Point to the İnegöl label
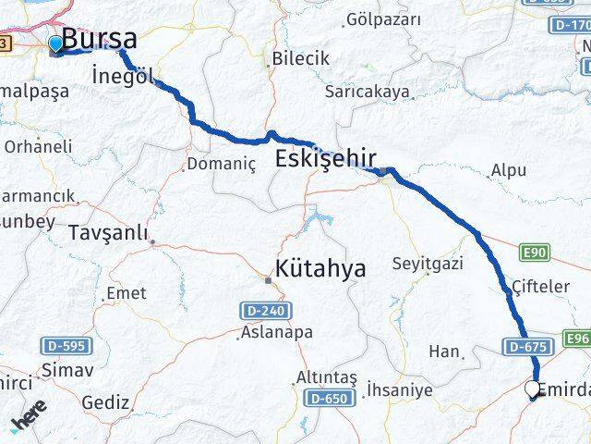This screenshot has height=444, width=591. tap(125, 77)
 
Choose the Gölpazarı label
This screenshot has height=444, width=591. tap(383, 19)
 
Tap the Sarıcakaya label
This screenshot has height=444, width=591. tap(368, 92)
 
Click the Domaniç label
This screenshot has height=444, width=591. tap(220, 164)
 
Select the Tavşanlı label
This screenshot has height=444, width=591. tap(108, 233)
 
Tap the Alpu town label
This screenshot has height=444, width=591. tap(509, 170)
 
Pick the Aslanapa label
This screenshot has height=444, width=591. tap(276, 331)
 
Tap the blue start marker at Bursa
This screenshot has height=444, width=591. tap(55, 43)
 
